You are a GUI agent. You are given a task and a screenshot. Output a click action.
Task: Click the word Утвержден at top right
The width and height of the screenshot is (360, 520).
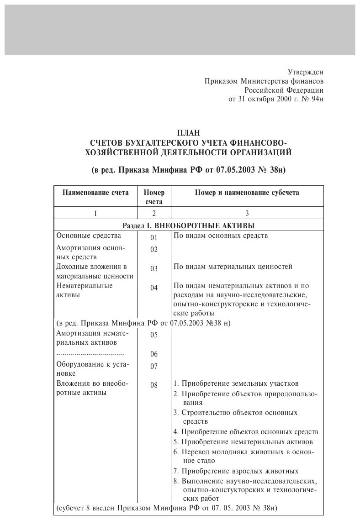(305, 72)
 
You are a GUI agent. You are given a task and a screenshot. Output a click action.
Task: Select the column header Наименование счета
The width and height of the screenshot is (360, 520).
(95, 193)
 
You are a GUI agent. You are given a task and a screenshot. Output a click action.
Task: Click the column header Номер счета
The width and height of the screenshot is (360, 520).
(154, 197)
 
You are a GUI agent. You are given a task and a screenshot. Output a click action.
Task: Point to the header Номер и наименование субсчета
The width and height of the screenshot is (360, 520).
(247, 193)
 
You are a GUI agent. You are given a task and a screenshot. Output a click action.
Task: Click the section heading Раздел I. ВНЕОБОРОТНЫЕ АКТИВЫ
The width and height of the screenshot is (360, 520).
(189, 226)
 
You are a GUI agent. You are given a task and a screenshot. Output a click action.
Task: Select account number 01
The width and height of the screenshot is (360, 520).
(154, 237)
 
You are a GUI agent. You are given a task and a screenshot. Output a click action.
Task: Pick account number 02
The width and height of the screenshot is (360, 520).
(154, 249)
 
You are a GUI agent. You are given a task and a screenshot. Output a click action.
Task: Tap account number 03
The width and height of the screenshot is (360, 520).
(154, 268)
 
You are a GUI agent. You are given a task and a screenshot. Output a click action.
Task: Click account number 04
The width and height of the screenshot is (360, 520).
(154, 288)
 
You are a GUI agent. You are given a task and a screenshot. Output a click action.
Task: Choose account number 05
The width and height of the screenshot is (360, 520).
(154, 335)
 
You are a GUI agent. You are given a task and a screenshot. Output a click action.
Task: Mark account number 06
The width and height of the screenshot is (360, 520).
(154, 354)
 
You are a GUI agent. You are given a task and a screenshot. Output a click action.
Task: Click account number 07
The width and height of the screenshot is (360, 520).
(154, 366)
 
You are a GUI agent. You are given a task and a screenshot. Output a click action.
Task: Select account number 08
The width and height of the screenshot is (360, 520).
(154, 385)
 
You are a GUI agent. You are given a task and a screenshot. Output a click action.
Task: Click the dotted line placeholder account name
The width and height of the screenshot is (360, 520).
(90, 354)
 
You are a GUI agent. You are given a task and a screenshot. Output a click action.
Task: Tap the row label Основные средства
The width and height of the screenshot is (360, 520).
(89, 236)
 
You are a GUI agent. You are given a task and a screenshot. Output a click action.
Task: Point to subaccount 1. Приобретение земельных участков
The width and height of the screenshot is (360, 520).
(236, 383)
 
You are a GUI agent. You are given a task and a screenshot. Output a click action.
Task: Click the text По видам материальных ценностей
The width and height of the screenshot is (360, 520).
(233, 267)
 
